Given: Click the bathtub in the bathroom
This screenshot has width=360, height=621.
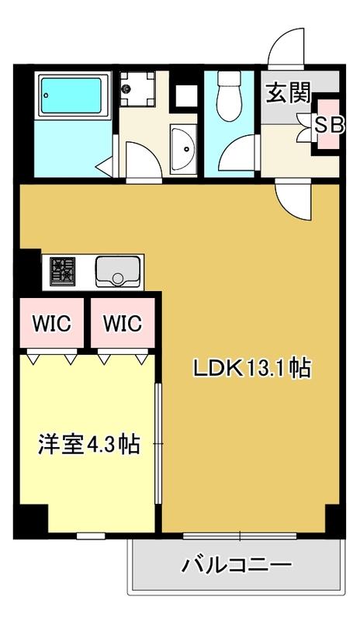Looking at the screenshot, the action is pos(71,95).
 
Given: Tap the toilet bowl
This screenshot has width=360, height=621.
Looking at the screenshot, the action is pos(230,95).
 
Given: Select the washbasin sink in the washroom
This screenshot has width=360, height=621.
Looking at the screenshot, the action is pos(183,149).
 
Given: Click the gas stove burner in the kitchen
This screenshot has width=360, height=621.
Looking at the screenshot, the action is pos(63,271).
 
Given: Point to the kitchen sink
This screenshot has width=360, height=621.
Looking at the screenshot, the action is pos(118,271).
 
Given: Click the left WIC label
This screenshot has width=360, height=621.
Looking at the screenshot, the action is pos(51,324).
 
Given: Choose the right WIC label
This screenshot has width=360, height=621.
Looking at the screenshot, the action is pos(123,324).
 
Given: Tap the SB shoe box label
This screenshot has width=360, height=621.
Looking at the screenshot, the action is pos(330,126).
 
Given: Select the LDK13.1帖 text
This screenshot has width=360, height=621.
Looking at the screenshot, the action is pos(252,368).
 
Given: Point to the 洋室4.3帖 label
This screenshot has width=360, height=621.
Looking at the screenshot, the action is pos(89,444).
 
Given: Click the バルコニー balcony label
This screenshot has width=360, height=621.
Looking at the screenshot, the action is pos(237,564).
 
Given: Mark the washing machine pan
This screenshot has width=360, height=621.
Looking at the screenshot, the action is pos(137,88).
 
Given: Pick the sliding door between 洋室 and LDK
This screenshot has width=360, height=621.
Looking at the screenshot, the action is pos(157,442).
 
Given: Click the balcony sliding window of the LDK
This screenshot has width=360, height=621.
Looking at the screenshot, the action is pos(240,536).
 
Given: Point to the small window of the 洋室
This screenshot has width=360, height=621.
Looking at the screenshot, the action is pos(91,536).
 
